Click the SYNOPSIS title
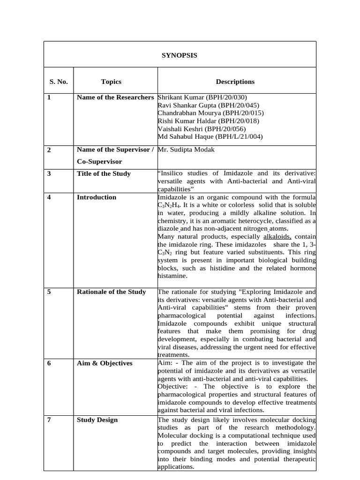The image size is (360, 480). click(x=180, y=55)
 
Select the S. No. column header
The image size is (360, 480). click(x=59, y=82)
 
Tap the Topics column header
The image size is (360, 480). click(x=111, y=82)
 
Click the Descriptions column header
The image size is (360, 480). click(x=235, y=82)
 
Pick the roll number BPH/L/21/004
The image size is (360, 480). click(x=239, y=137)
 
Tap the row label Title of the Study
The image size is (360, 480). click(x=104, y=173)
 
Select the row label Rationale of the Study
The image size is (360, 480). click(x=111, y=292)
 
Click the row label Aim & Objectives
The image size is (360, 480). click(x=105, y=363)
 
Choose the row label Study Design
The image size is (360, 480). click(x=97, y=420)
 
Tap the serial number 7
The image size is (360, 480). click(x=49, y=420)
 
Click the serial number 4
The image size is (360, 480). click(x=49, y=197)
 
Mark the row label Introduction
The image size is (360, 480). click(x=97, y=197)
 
